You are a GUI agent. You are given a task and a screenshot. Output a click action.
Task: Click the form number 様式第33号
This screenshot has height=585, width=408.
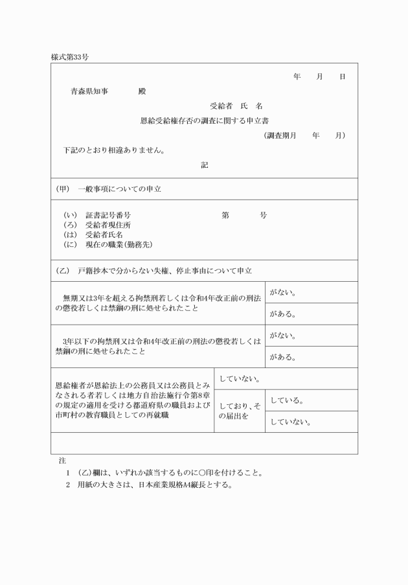(70, 57)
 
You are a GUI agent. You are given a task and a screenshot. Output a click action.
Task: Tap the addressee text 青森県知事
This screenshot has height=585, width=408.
(89, 91)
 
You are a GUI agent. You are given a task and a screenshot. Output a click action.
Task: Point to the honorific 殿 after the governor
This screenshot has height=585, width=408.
(142, 91)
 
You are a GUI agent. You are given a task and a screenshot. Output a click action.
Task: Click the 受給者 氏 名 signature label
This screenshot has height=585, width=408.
(236, 106)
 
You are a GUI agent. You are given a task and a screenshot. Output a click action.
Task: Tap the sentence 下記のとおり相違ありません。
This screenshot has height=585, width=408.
(113, 151)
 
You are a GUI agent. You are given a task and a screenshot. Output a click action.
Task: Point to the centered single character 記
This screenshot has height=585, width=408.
(204, 165)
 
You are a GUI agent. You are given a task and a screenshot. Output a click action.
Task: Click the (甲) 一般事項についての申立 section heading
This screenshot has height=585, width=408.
(108, 189)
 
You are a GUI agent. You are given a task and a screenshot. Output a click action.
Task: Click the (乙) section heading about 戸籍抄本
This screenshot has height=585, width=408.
(153, 270)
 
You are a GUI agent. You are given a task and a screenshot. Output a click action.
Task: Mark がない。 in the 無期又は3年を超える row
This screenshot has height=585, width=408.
(283, 293)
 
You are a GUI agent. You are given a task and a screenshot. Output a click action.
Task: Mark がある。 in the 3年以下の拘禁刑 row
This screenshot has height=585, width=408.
(283, 357)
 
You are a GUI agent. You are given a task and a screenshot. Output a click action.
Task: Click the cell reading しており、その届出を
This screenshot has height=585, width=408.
(239, 410)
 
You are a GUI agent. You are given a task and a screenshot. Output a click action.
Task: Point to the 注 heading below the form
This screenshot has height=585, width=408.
(62, 460)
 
